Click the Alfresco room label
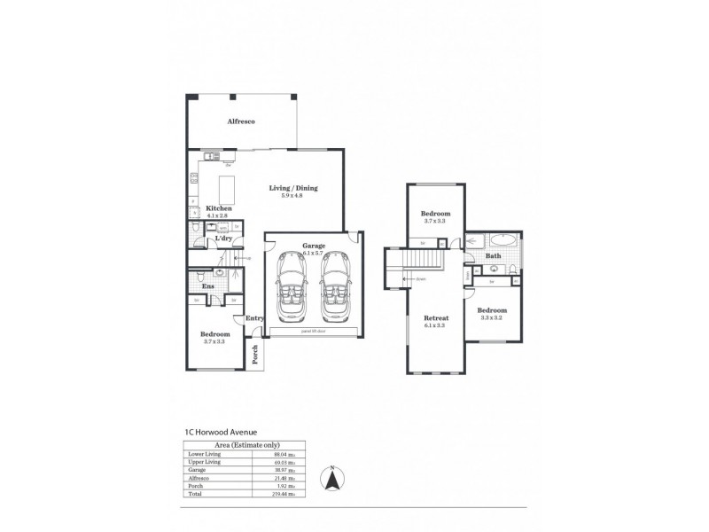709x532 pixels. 241,121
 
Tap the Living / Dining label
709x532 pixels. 293,188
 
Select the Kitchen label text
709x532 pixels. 219,208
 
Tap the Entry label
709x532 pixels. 254,318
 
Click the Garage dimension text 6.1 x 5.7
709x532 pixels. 314,253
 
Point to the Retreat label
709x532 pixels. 435,317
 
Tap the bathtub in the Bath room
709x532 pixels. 502,240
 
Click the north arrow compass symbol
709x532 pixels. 331,480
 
